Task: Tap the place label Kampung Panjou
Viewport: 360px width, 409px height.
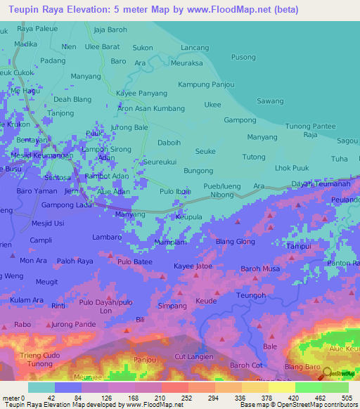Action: [x=206, y=85]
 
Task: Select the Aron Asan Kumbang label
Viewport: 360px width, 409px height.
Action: [x=151, y=109]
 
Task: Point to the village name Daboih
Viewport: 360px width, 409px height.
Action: [x=169, y=143]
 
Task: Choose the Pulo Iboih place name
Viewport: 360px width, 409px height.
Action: [x=176, y=192]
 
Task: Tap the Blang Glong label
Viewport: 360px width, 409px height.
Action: [x=236, y=242]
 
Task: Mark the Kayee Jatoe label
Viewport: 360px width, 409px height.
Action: [x=193, y=266]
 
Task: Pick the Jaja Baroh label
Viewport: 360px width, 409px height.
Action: [x=110, y=30]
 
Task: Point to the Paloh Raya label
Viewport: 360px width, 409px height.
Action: [x=75, y=261]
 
